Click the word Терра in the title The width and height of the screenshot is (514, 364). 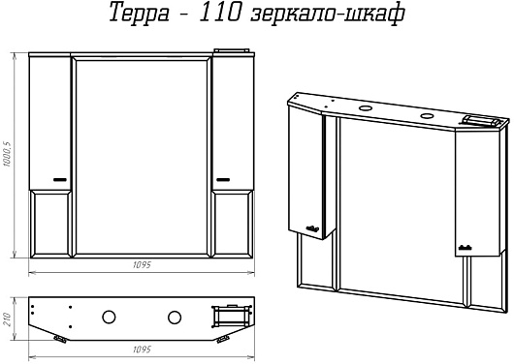[139, 14]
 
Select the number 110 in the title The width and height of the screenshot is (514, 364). [220, 12]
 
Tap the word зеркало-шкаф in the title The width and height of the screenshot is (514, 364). [328, 15]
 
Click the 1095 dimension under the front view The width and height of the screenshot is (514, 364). [142, 264]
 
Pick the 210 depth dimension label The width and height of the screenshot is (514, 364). [7, 319]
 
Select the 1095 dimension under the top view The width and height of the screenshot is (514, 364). [142, 349]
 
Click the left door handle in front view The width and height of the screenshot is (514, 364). [60, 179]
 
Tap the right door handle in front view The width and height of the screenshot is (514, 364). [223, 179]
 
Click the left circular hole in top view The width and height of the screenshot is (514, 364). [109, 318]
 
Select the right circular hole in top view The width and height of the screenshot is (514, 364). [175, 318]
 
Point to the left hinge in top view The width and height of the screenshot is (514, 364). [60, 339]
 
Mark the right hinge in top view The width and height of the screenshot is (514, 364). [223, 339]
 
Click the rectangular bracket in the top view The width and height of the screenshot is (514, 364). [232, 316]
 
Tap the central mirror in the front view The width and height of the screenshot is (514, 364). [142, 157]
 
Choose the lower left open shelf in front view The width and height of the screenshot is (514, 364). [50, 224]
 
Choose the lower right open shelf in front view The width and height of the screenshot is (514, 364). [233, 224]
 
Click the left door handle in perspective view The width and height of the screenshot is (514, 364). [312, 228]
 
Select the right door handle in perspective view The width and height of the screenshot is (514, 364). [465, 248]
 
